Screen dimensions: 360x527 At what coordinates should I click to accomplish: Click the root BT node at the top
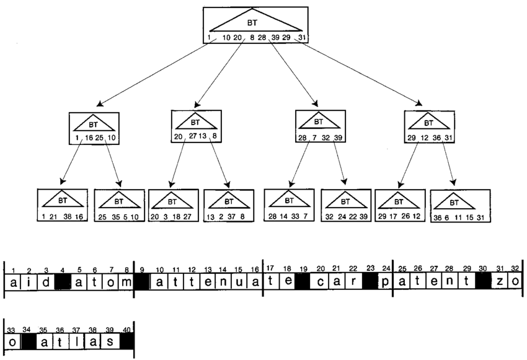pos(256,25)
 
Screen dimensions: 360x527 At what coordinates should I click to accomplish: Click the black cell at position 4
pos(62,283)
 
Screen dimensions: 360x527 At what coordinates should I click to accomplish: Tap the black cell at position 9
pos(143,283)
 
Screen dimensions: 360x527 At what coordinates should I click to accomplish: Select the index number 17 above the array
pos(270,268)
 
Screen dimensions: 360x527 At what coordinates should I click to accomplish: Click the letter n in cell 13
pos(207,283)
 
